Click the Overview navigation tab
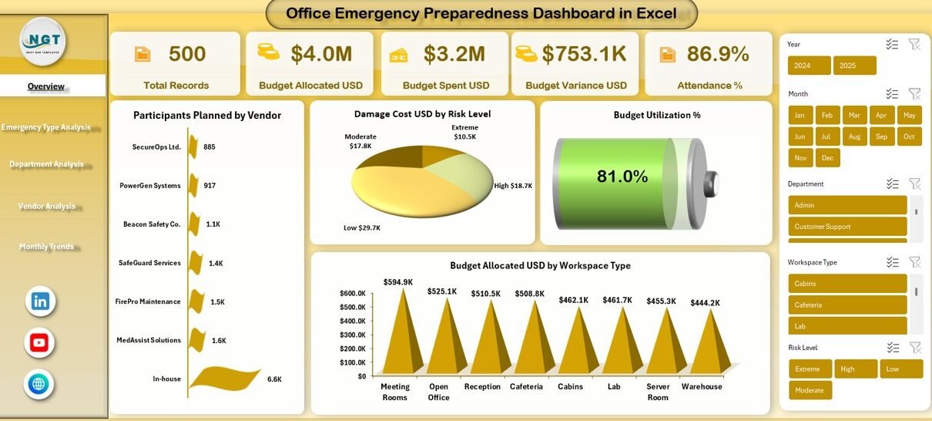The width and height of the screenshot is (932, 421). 46,86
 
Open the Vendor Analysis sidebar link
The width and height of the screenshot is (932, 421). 47,206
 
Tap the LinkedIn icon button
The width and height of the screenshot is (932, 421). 40,301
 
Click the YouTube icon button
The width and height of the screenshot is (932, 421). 39,342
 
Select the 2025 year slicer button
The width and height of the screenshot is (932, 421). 854,66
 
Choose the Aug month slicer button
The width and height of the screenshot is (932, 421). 854,136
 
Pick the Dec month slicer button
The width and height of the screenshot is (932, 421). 828,157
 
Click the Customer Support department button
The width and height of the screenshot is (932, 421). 847,227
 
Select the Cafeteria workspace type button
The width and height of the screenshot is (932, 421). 847,305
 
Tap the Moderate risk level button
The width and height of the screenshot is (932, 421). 810,390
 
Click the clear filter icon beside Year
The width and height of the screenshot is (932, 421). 914,44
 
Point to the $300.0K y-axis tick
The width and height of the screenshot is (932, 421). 353,335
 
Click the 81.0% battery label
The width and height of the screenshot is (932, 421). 622,177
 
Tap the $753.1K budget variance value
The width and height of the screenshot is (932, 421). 584,54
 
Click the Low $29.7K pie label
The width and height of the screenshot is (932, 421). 362,227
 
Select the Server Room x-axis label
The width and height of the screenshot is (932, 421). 658,392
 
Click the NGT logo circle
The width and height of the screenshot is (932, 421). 42,40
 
